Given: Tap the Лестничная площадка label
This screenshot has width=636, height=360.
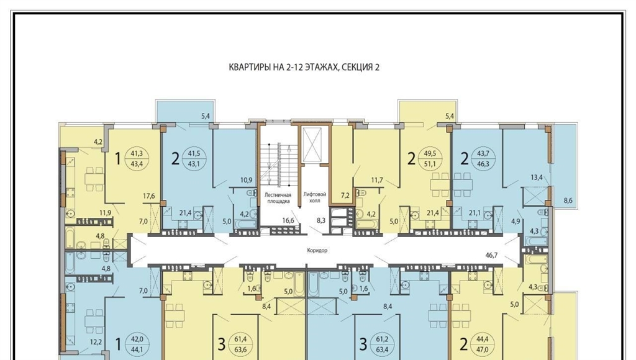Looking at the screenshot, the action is point(278,197).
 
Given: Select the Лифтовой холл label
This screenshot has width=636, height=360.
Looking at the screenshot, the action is point(315,197).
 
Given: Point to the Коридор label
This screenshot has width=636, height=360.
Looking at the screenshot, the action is point(317,251).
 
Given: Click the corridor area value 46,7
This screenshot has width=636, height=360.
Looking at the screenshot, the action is point(491,255).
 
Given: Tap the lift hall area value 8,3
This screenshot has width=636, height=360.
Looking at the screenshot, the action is point(321,220).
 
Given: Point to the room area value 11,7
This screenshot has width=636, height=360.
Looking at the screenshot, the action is point(377,180).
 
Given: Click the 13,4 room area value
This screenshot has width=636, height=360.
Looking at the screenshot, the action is point(537,177).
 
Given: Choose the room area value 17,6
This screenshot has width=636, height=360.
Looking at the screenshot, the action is point(149,196).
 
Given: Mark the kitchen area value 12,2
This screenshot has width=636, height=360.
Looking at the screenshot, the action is point(96,342).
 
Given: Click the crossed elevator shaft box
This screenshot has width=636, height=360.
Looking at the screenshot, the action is point(313,145).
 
